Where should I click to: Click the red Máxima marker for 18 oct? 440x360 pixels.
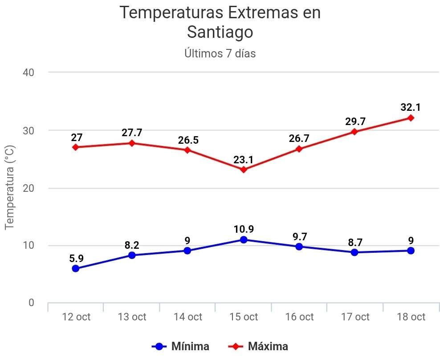410,118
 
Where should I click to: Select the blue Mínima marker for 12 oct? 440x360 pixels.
76,268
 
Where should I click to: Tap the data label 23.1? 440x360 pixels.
243,159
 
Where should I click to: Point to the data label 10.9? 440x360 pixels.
243,229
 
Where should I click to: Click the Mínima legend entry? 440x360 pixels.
181,346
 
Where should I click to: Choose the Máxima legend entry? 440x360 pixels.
258,346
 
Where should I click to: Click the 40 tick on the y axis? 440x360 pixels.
29,72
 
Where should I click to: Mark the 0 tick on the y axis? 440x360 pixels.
31,303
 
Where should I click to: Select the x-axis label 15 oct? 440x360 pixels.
243,317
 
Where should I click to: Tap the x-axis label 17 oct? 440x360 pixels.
355,317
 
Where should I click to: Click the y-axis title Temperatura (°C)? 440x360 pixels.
10,187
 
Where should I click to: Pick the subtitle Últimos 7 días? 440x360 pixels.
220,54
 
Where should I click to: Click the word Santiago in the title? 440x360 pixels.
220,32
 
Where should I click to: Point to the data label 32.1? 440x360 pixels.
410,107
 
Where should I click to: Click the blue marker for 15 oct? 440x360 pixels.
243,239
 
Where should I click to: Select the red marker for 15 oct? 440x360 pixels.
243,170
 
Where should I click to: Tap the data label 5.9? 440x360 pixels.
76,258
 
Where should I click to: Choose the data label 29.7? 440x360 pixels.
355,121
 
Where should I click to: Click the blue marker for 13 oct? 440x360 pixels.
132,255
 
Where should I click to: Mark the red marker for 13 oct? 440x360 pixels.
132,143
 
